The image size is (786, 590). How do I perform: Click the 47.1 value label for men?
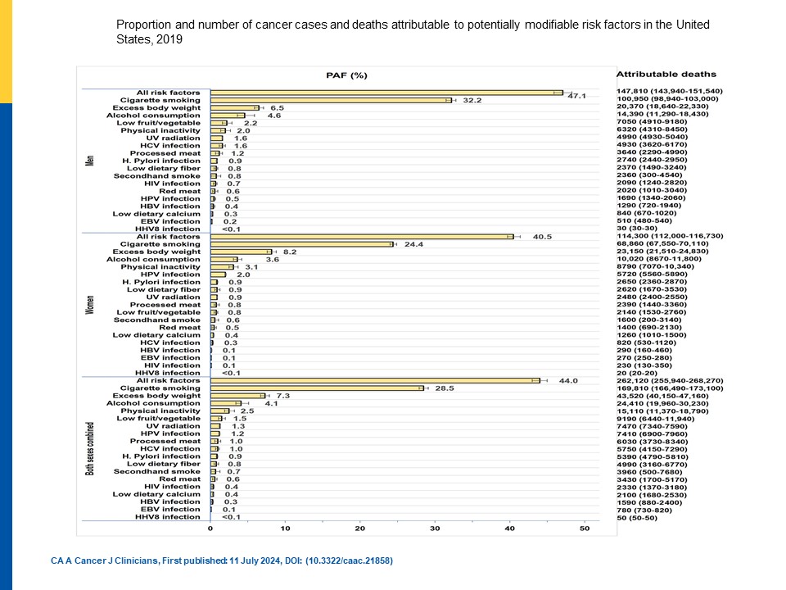pos(576,96)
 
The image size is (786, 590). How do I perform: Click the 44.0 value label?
pos(567,380)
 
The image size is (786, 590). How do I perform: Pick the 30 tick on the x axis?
pos(435,529)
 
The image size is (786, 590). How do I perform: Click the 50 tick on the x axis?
pos(585,529)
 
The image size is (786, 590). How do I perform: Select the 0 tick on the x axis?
pos(210,529)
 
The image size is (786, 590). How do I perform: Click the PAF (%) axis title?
pos(347,75)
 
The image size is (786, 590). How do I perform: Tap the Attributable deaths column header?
pos(666,74)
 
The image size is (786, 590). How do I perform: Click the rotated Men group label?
pos(89,160)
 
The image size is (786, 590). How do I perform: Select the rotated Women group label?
pos(89,305)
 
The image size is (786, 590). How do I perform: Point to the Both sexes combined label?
pos(89,450)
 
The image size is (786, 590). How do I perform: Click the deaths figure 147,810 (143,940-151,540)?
pos(669,91)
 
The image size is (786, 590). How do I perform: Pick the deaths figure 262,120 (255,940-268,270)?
pos(669,381)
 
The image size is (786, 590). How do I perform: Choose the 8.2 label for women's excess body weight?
pos(289,252)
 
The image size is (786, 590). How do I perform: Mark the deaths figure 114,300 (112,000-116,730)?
pos(669,236)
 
